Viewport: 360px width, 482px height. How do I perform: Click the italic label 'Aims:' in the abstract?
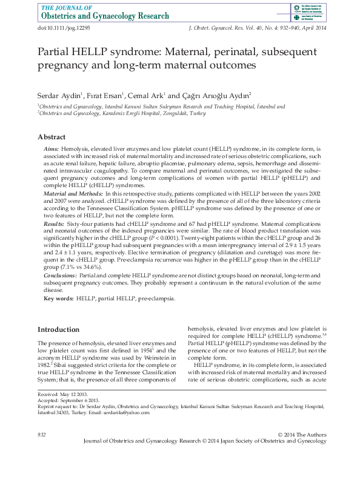[x=51, y=149]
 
